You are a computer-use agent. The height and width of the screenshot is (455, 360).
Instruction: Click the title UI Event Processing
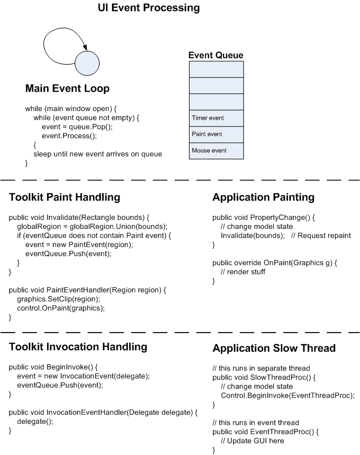tap(149, 8)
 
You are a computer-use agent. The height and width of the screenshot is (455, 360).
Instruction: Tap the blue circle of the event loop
tap(87, 63)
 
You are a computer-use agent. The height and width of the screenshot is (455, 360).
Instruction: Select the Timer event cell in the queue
tap(216, 118)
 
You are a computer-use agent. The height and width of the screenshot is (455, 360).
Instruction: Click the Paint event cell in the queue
tap(216, 134)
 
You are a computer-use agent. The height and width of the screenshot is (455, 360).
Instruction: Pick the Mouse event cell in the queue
tap(216, 151)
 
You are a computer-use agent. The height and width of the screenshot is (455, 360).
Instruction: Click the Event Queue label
tap(216, 55)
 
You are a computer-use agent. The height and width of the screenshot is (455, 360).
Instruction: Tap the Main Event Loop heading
tap(67, 88)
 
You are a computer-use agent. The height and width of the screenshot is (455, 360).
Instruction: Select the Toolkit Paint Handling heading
tap(65, 197)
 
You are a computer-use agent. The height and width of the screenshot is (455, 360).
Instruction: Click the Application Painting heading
tap(263, 197)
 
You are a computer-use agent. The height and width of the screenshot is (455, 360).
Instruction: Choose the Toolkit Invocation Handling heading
tap(78, 347)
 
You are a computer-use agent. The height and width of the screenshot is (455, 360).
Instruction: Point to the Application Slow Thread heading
tap(274, 348)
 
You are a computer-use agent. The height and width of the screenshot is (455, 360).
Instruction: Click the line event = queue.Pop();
tap(77, 127)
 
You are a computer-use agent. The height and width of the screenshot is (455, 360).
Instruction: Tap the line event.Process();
tap(69, 136)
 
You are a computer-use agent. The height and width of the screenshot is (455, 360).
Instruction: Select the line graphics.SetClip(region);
tap(58, 299)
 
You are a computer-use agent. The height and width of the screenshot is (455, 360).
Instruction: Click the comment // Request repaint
tap(321, 236)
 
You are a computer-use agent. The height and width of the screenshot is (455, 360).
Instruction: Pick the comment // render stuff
tap(243, 272)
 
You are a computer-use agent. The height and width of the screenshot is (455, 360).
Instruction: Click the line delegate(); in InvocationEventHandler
tap(35, 422)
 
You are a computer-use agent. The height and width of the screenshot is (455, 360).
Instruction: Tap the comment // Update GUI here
tap(252, 441)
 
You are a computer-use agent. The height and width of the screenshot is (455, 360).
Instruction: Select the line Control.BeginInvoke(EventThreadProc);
tap(288, 396)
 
